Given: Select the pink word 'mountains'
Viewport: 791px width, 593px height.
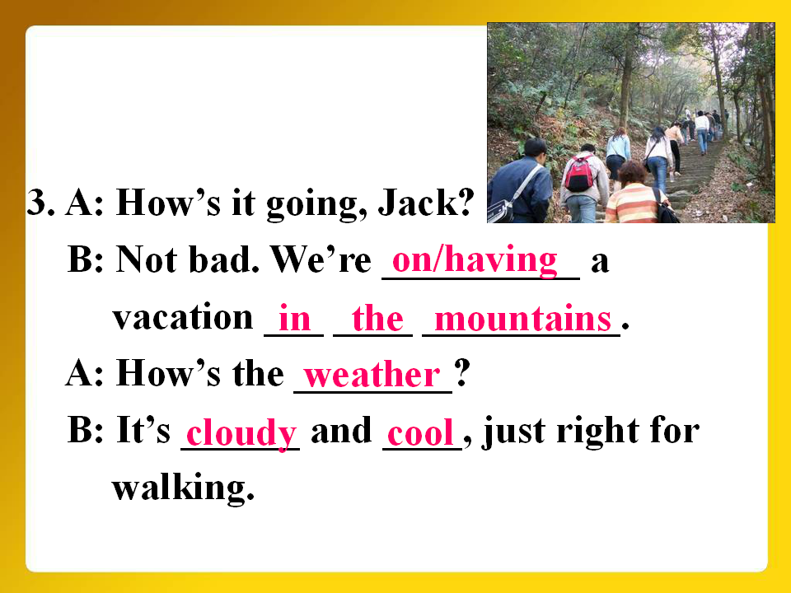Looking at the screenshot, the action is point(523,319).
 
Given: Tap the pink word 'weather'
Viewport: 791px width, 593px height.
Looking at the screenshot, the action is point(372,376).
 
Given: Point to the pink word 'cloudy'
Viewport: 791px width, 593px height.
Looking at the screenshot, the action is point(241,433).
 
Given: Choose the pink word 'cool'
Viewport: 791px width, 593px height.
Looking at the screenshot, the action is point(421,433).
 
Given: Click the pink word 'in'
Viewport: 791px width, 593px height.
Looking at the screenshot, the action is point(294,319).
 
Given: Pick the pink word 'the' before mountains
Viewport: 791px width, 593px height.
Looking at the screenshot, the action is point(378,319).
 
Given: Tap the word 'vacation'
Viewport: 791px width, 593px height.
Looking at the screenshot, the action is point(183,317).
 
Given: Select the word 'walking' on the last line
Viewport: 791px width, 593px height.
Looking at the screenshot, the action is point(183,487).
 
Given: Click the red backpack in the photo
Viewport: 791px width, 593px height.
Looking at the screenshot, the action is point(579,173).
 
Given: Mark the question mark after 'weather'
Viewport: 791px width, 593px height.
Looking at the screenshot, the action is point(462,373).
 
